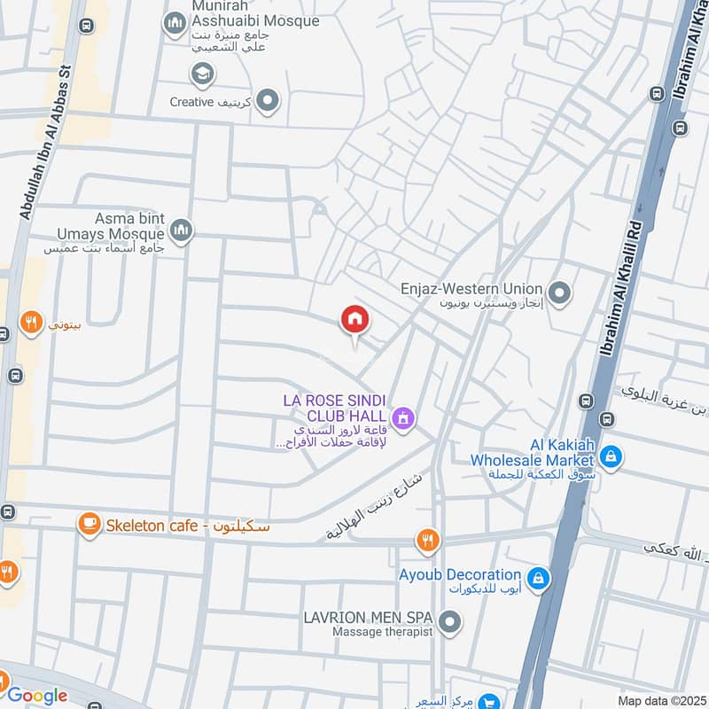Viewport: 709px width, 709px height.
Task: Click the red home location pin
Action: point(355,320)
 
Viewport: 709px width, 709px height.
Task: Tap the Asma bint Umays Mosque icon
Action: point(182,230)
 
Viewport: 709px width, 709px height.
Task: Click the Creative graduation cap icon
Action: point(202,73)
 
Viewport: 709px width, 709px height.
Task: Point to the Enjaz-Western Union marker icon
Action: point(559,291)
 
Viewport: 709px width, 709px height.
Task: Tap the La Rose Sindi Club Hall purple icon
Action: point(403,417)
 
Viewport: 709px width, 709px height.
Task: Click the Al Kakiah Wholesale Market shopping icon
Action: point(610,457)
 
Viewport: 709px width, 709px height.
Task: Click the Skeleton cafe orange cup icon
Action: point(89,525)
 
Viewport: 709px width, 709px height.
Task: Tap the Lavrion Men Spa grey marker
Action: point(449,622)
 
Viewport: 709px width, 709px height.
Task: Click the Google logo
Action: point(37,695)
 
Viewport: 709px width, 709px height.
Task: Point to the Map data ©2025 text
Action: point(660,700)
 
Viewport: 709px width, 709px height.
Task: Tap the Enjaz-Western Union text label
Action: point(470,289)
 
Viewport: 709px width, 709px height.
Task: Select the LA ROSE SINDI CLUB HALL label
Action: point(335,408)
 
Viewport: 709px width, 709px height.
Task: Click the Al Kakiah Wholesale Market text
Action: point(532,453)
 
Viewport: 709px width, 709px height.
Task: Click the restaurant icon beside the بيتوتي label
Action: point(31,323)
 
